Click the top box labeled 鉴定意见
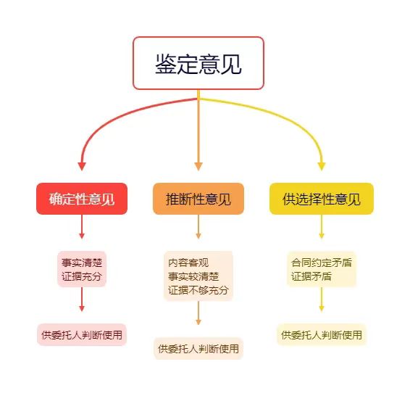coord(198,63)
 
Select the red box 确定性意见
coord(82,199)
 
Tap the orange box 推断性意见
coord(198,199)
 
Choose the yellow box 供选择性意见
coord(322,199)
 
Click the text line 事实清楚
coord(82,263)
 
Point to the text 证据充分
coord(82,276)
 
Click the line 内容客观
coord(188,263)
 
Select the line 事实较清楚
coord(193,276)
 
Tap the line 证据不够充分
coord(198,290)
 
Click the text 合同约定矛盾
coord(322,263)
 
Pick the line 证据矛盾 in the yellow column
coord(311,276)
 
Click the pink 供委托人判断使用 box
coord(82,335)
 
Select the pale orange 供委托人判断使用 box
coord(198,349)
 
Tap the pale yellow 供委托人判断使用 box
coord(322,335)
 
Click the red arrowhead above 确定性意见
coord(82,166)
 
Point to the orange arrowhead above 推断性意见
coord(198,166)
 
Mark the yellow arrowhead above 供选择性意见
coord(322,166)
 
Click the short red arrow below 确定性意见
coord(82,227)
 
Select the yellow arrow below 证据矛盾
coord(322,299)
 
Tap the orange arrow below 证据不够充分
coord(198,313)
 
